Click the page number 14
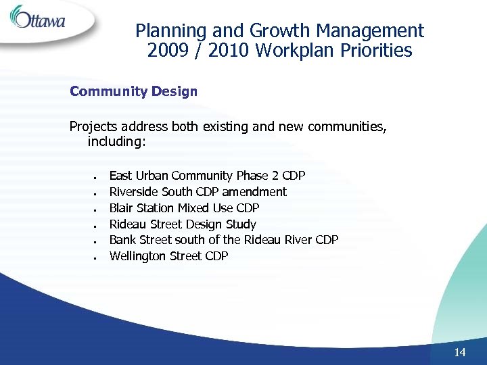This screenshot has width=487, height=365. [x=460, y=352]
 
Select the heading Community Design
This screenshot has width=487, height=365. [x=133, y=91]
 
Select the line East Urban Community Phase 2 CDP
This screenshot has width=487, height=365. [x=207, y=176]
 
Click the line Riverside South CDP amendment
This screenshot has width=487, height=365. [x=198, y=192]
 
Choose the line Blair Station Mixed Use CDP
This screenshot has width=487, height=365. [x=184, y=208]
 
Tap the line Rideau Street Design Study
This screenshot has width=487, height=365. [x=183, y=224]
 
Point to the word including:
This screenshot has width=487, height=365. [x=116, y=143]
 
